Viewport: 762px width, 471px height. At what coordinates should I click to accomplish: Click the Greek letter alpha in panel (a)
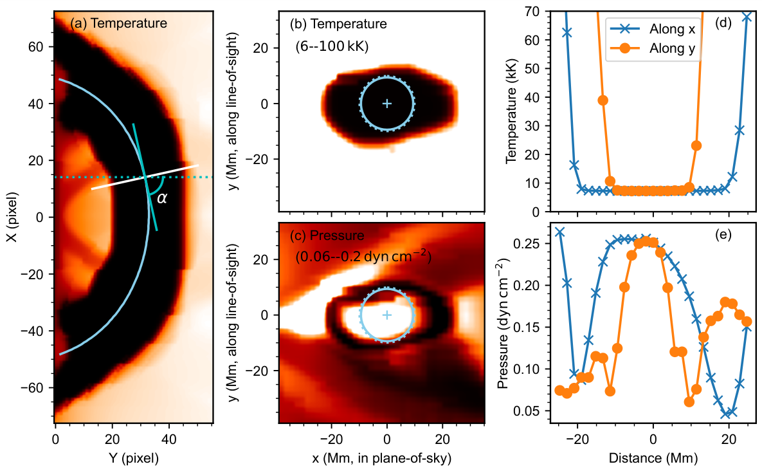(162, 198)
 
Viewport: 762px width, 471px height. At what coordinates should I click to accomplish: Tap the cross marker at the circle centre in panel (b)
(387, 104)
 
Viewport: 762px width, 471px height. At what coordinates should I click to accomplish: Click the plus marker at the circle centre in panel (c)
(387, 315)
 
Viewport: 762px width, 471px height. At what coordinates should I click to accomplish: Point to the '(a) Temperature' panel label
(118, 23)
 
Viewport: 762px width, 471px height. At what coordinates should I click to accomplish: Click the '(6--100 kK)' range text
(332, 47)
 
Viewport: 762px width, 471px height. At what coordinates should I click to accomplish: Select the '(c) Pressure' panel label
(327, 235)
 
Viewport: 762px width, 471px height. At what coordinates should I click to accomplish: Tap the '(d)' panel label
(723, 23)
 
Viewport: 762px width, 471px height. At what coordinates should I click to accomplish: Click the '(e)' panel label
(723, 235)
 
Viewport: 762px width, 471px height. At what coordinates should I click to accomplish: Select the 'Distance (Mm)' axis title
(653, 458)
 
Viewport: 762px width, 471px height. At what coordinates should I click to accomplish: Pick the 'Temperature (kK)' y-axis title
(511, 111)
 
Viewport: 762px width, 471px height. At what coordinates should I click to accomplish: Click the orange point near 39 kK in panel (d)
(603, 100)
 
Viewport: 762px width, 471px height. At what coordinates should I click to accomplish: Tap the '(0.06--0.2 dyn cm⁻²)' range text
(363, 256)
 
